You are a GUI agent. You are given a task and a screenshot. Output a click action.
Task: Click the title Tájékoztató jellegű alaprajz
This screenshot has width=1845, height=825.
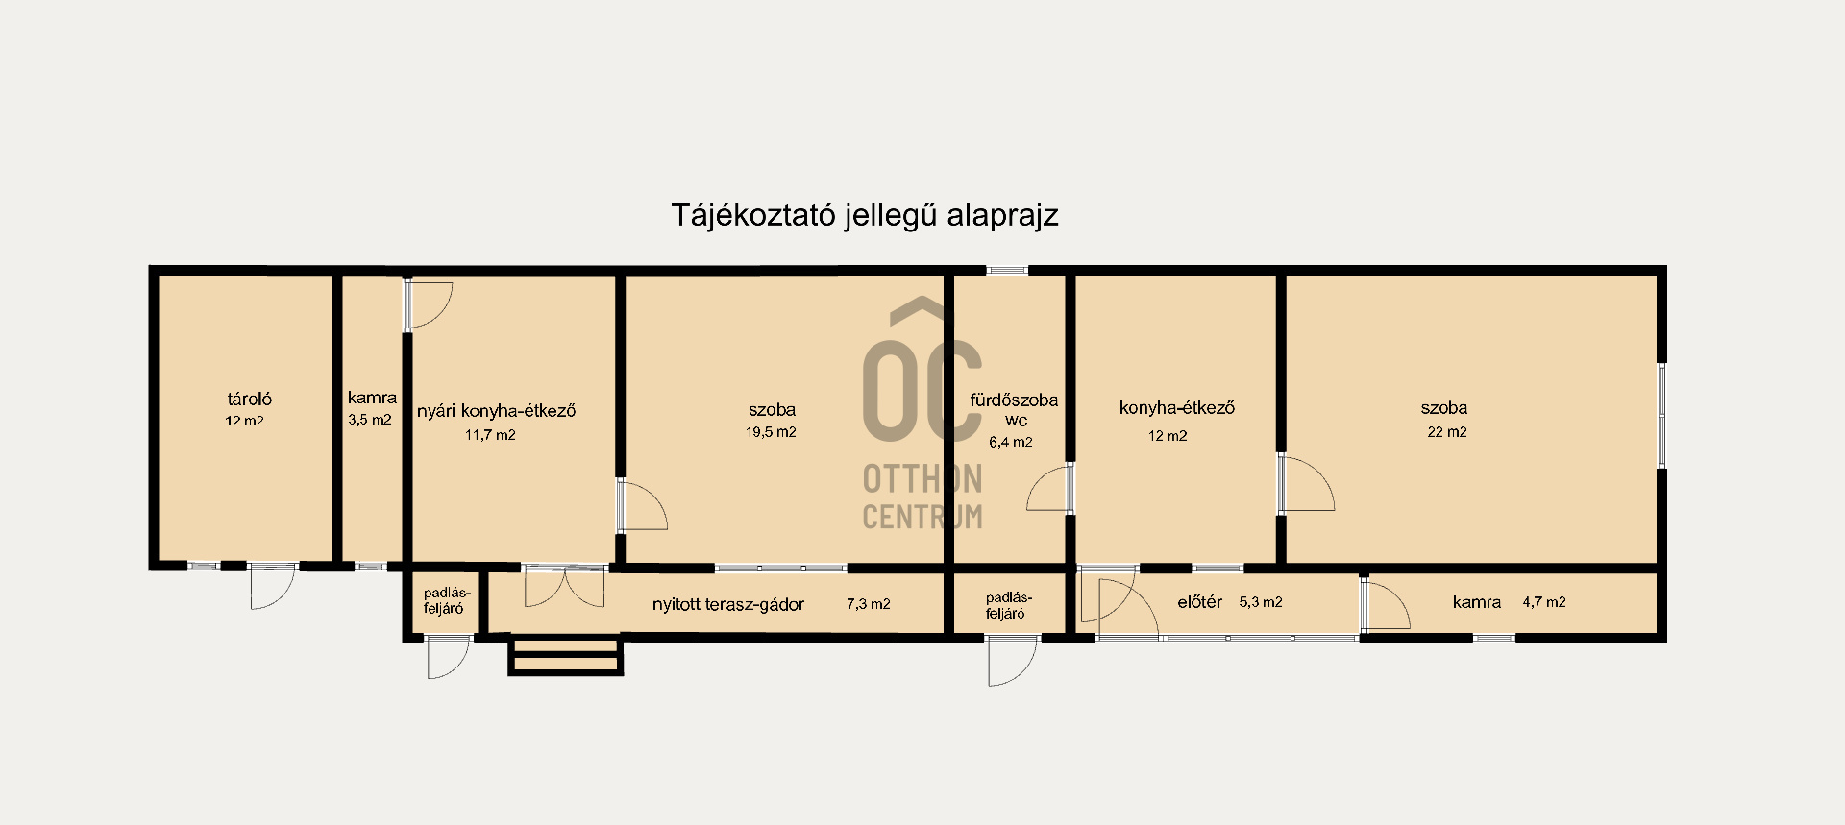click(x=864, y=215)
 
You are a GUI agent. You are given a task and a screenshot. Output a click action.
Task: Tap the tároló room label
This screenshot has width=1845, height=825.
click(x=249, y=400)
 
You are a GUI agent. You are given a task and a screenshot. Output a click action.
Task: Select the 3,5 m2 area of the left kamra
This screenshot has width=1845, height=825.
click(x=370, y=420)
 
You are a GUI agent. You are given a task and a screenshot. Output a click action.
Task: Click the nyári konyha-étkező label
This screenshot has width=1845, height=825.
click(x=496, y=411)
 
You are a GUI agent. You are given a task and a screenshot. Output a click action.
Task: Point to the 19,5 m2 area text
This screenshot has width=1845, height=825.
click(x=771, y=432)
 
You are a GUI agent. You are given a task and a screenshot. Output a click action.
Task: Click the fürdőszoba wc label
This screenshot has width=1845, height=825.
click(x=1014, y=410)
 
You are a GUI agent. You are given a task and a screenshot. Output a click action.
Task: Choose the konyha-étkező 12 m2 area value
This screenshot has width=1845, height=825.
click(x=1168, y=436)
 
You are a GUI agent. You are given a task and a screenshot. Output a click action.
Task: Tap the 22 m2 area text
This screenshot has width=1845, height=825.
click(x=1446, y=432)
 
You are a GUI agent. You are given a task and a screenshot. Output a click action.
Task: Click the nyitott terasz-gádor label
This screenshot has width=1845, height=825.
click(x=727, y=605)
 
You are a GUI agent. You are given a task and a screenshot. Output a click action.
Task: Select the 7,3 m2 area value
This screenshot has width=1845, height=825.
click(x=868, y=604)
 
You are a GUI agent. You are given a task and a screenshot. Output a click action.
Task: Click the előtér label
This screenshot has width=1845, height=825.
click(x=1199, y=602)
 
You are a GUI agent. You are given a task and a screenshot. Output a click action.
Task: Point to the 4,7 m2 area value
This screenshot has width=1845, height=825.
click(x=1544, y=602)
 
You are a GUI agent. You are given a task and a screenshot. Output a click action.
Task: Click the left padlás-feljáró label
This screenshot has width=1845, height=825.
click(x=444, y=600)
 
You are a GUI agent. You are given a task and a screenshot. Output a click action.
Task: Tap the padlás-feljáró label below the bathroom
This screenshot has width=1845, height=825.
click(x=1005, y=605)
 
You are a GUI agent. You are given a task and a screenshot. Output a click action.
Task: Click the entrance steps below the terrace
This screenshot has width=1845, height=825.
click(x=565, y=655)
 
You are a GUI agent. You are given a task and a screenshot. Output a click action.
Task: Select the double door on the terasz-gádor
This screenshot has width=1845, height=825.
click(x=565, y=587)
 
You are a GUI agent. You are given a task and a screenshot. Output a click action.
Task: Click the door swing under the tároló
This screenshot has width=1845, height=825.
click(x=271, y=586)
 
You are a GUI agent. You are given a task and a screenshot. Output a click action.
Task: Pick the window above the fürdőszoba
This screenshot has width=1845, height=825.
click(x=1007, y=270)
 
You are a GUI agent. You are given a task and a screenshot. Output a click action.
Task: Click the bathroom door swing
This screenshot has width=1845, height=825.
click(x=1049, y=488)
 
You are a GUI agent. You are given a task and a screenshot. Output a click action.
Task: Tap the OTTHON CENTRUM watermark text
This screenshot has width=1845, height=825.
click(x=922, y=497)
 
